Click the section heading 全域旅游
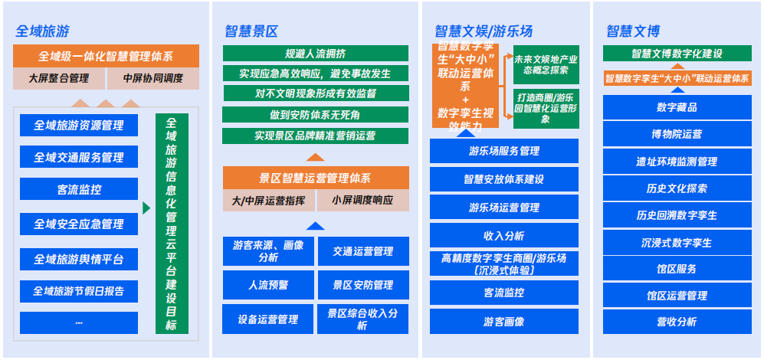[42, 31]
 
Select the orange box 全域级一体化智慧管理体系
[106, 56]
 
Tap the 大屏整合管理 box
[58, 78]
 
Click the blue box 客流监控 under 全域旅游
[79, 189]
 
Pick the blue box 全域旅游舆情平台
[79, 259]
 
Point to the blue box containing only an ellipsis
[79, 322]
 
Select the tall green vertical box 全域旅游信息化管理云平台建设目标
[172, 223]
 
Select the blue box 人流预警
[269, 284]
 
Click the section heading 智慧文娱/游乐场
[484, 31]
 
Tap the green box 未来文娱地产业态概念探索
[546, 64]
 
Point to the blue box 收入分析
[503, 235]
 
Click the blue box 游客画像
[503, 322]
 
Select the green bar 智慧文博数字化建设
[677, 54]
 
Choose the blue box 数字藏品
[677, 106]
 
